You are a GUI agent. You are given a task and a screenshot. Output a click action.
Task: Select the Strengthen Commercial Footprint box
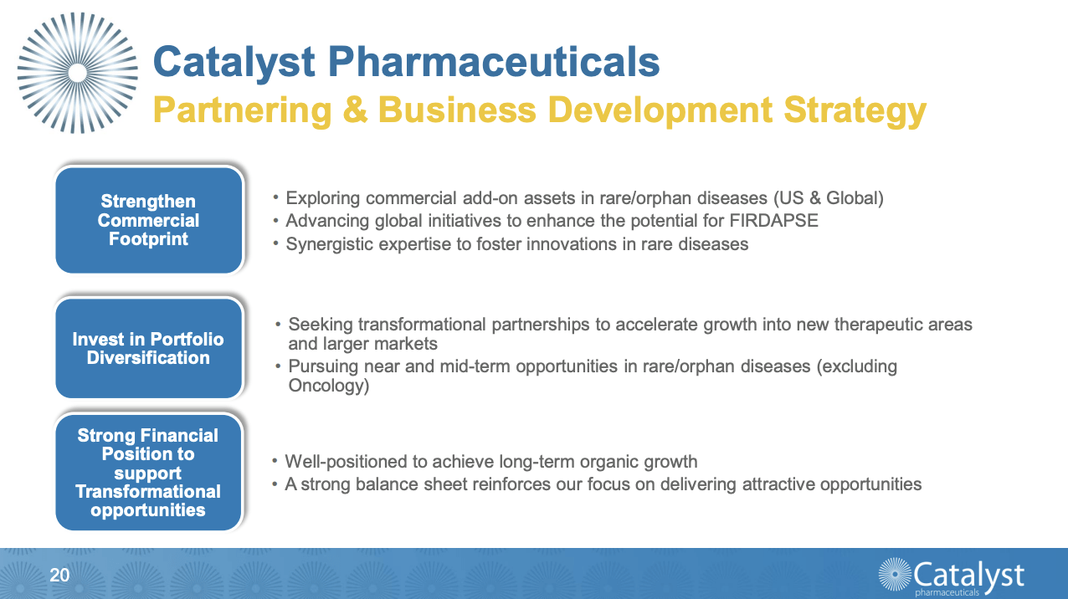click(x=149, y=220)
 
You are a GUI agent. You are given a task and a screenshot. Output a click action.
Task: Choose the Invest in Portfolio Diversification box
click(x=149, y=348)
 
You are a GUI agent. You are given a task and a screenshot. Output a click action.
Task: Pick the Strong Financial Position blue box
click(x=149, y=473)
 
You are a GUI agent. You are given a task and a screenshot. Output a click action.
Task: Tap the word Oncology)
click(x=328, y=386)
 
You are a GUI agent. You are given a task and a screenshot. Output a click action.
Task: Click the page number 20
click(x=59, y=575)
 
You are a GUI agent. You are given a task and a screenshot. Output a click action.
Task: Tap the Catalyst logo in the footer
click(x=952, y=576)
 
